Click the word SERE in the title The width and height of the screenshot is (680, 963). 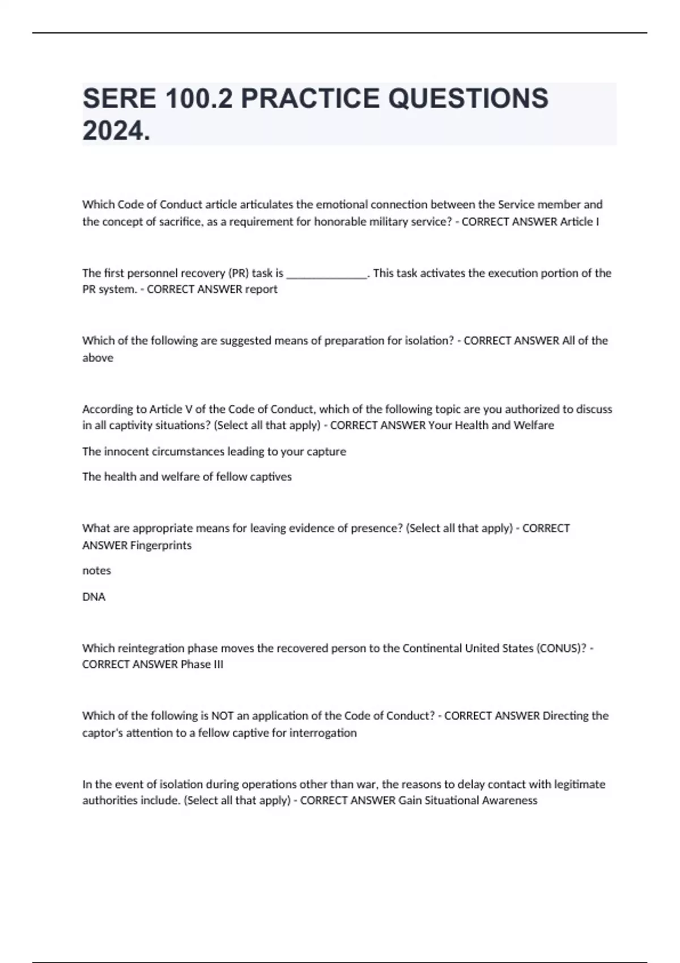click(x=119, y=99)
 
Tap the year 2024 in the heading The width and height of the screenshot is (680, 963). click(x=116, y=131)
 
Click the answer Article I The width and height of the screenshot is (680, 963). click(x=579, y=221)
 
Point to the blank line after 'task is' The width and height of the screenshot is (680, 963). click(x=327, y=274)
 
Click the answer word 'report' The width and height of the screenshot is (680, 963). click(x=261, y=289)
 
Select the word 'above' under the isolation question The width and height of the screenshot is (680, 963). click(x=97, y=358)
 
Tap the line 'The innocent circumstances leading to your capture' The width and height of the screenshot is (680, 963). click(x=214, y=451)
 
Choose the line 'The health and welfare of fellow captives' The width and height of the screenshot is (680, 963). click(x=186, y=477)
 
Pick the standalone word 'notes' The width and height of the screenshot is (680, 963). click(x=96, y=570)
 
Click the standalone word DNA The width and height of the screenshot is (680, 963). click(x=93, y=596)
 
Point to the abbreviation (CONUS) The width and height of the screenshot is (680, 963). click(x=561, y=648)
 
